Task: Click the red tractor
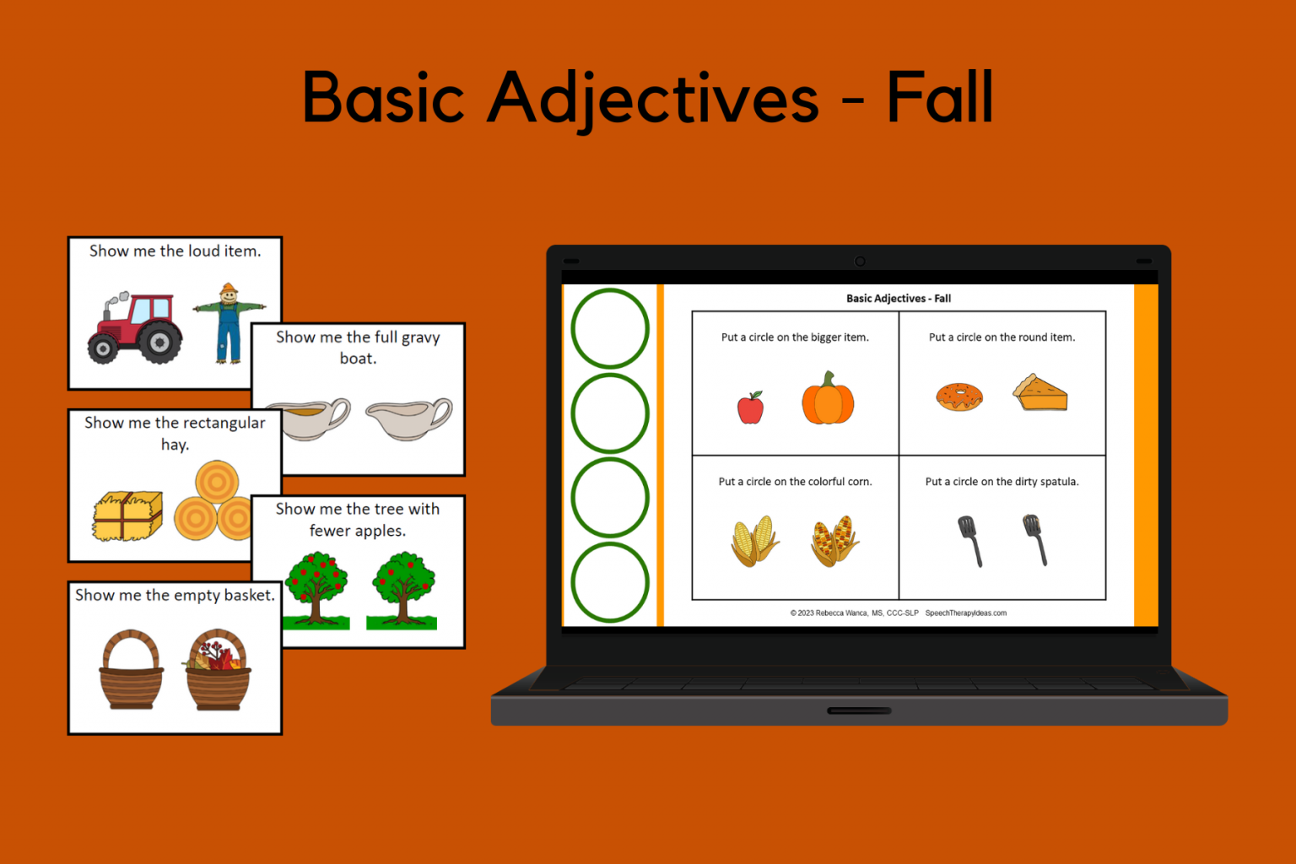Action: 135,328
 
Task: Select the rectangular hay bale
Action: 127,516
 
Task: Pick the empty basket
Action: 130,670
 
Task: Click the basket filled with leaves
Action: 218,670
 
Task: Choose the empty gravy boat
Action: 410,418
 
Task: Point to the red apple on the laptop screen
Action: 750,408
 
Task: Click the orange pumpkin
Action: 828,398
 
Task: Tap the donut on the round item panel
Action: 959,397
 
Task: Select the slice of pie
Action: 1039,393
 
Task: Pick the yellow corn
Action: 754,541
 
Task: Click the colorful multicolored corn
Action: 834,541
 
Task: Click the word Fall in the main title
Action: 940,98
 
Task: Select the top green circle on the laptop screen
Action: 610,328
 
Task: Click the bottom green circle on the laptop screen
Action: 610,582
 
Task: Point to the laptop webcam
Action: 860,262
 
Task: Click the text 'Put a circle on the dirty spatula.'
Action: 1002,482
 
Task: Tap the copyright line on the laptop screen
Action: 898,613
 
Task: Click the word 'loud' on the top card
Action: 203,251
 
